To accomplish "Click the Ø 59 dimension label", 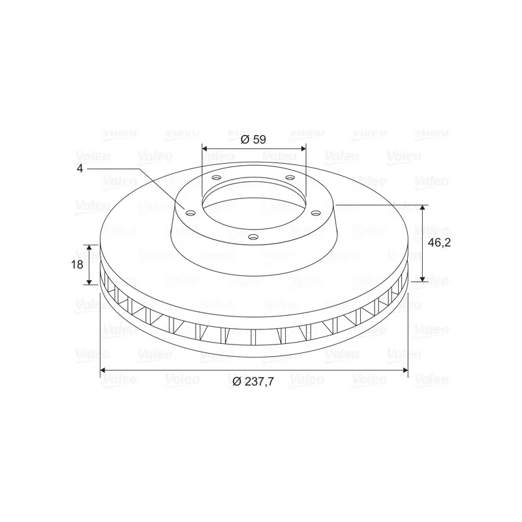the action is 253,140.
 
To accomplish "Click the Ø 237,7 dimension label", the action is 253,382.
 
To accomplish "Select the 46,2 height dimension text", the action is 439,243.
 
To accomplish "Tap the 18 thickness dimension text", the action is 77,265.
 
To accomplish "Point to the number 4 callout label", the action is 80,168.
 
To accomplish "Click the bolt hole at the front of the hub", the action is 254,237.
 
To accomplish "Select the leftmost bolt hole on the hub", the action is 191,213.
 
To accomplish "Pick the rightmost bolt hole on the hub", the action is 315,213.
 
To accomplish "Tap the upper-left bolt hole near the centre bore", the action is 217,177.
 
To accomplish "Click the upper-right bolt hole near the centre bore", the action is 290,177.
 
